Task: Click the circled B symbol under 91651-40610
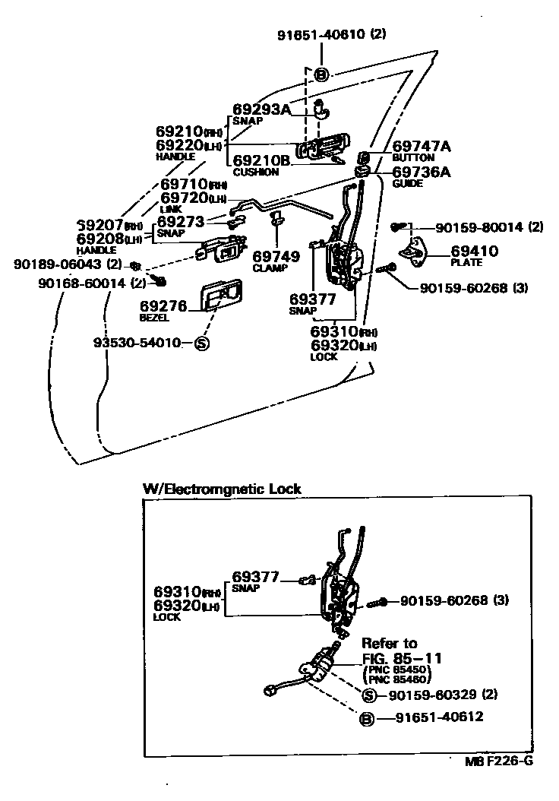click(321, 74)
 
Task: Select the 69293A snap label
click(261, 109)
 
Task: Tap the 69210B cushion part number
click(261, 160)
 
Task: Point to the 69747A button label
click(422, 146)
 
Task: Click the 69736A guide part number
click(422, 173)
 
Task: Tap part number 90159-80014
click(481, 226)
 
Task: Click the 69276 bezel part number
click(163, 306)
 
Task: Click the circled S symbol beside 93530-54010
click(202, 343)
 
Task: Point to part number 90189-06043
click(59, 264)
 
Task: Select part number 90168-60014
click(82, 283)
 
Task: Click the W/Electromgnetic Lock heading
click(222, 489)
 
